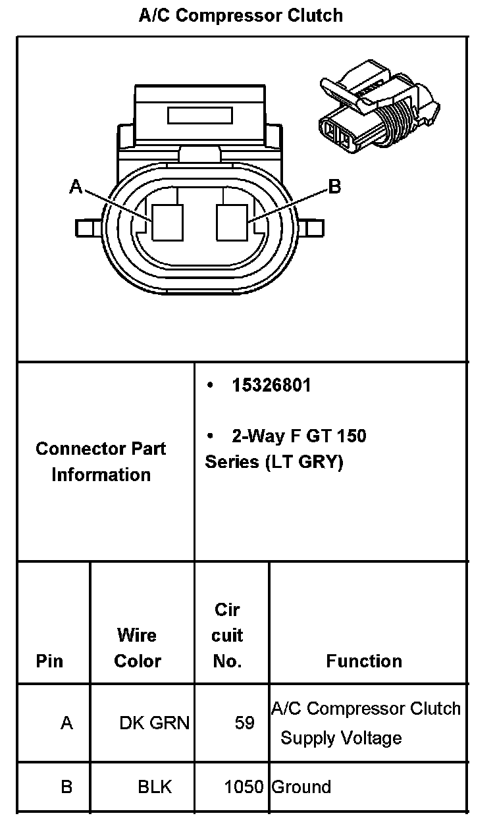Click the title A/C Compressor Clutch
pyautogui.click(x=240, y=15)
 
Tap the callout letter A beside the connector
pyautogui.click(x=76, y=188)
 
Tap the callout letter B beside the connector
pyautogui.click(x=334, y=187)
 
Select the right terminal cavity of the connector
pyautogui.click(x=232, y=222)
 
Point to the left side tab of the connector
pyautogui.click(x=86, y=228)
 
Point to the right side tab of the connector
pyautogui.click(x=314, y=228)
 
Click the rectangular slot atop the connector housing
pyautogui.click(x=200, y=116)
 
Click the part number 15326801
pyautogui.click(x=271, y=386)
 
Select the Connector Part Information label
pyautogui.click(x=101, y=461)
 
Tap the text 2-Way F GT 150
pyautogui.click(x=299, y=436)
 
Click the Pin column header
pyautogui.click(x=50, y=660)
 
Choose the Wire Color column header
pyautogui.click(x=137, y=648)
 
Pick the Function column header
pyautogui.click(x=364, y=661)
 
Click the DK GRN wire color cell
pyautogui.click(x=154, y=723)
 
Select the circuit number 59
pyautogui.click(x=244, y=723)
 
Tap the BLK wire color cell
pyautogui.click(x=154, y=786)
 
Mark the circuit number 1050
pyautogui.click(x=244, y=786)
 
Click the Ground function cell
pyautogui.click(x=301, y=786)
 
